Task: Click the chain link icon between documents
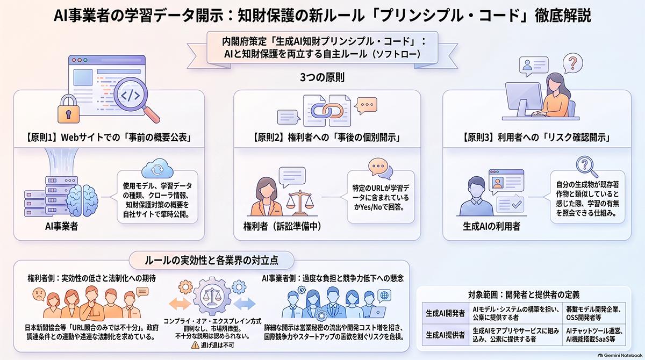tap(327, 111)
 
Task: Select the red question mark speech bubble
tap(572, 63)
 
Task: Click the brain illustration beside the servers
tap(82, 200)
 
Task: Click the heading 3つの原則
tap(322, 77)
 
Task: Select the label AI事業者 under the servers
tap(61, 226)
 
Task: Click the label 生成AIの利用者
tap(491, 226)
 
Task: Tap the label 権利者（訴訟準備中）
tap(282, 226)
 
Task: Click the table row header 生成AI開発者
tap(445, 313)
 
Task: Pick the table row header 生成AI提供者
tap(445, 335)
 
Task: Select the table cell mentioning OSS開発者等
tap(593, 313)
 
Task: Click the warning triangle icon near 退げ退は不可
tap(195, 345)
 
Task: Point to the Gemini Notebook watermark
tap(620, 355)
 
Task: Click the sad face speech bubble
tap(39, 294)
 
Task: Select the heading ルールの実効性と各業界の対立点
tap(211, 261)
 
